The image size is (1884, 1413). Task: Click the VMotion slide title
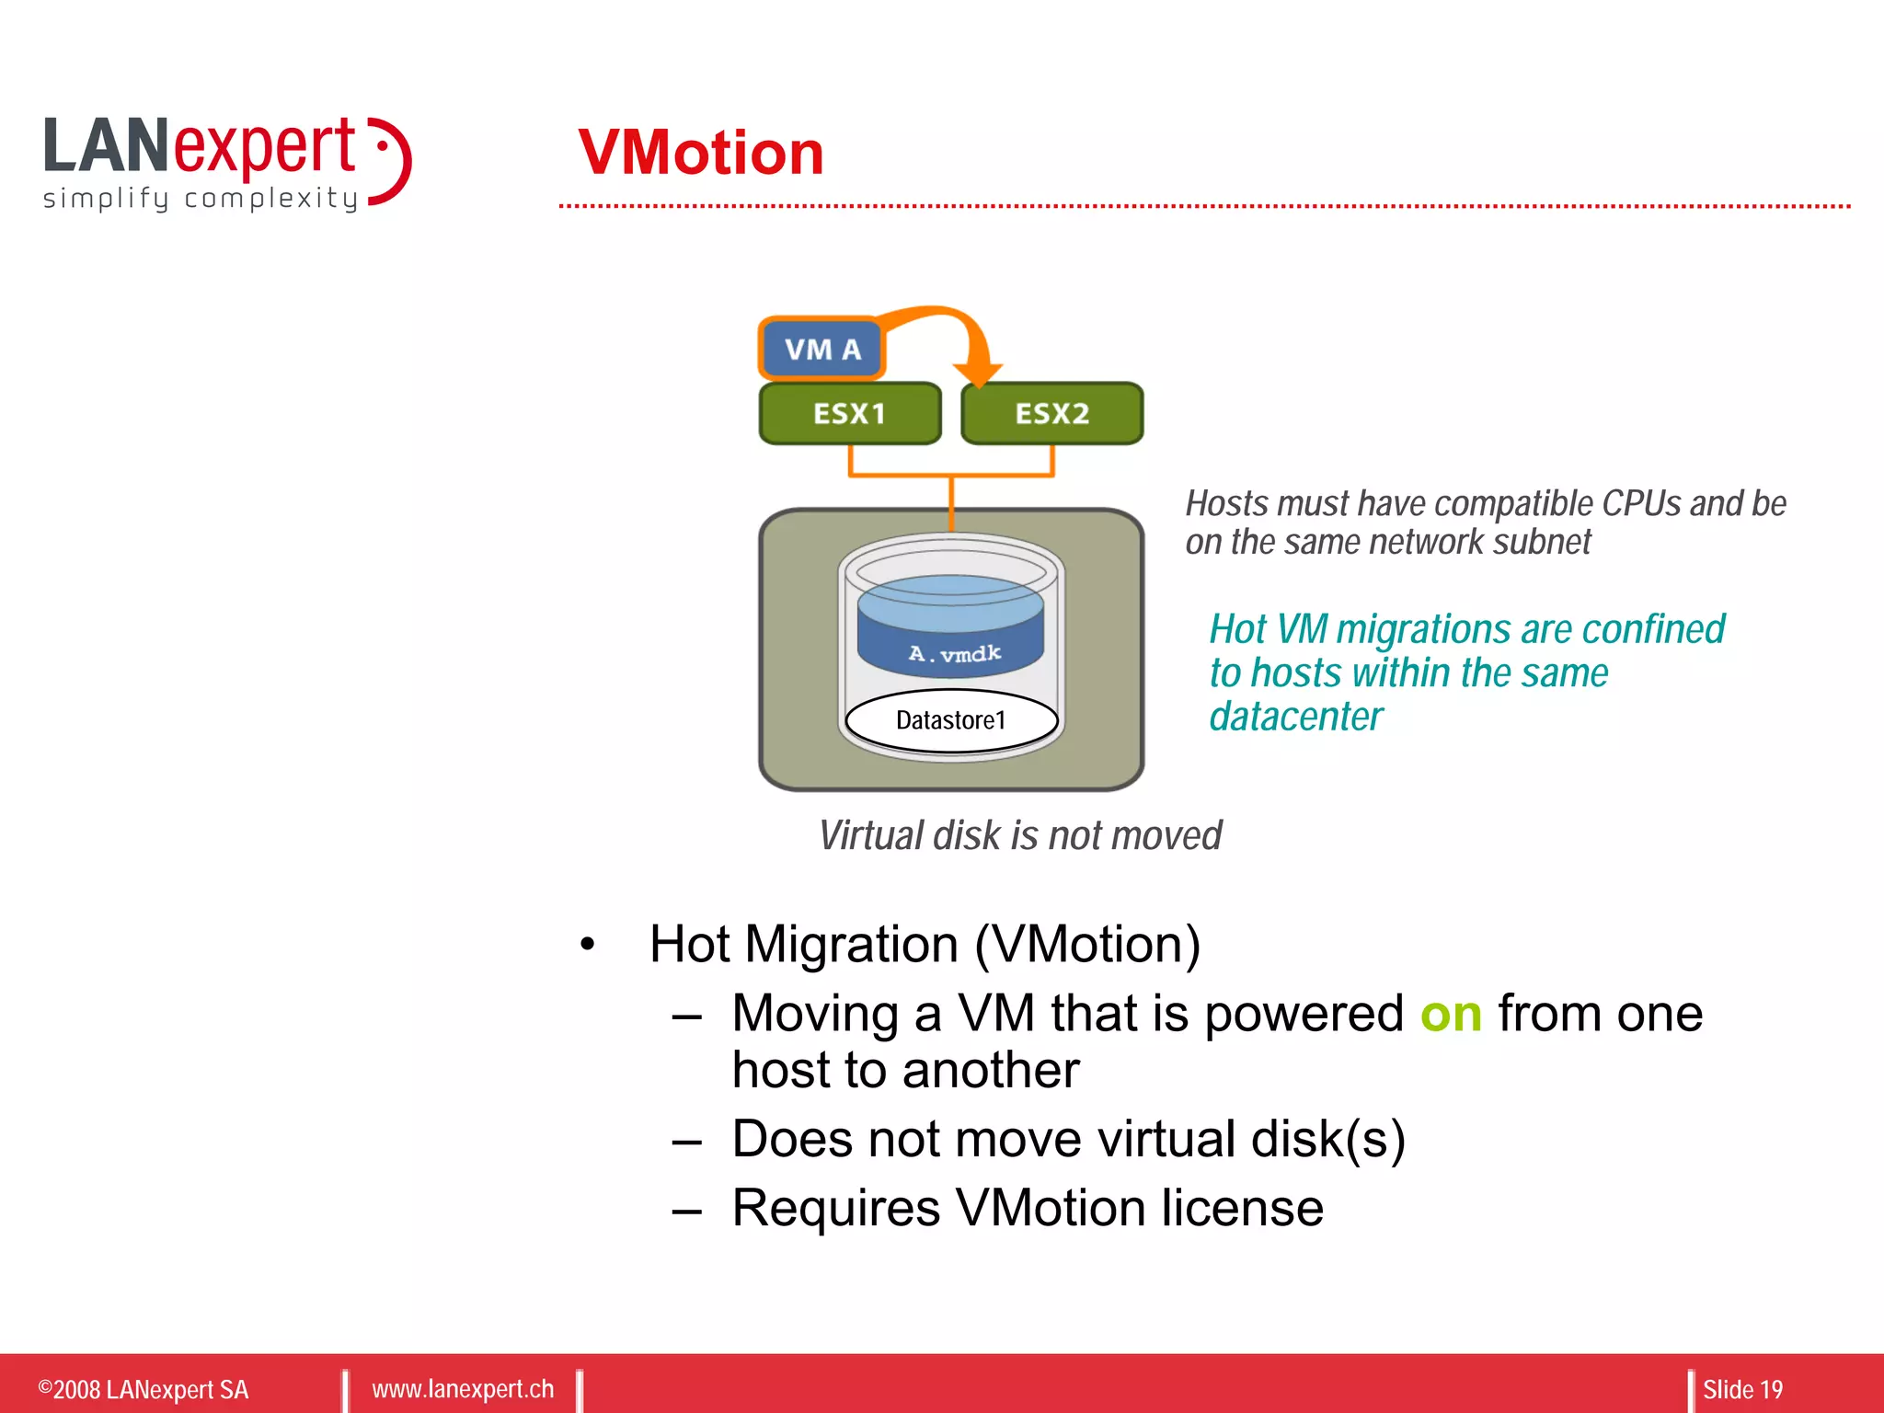pyautogui.click(x=701, y=153)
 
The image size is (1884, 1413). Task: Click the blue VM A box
pyautogui.click(x=821, y=349)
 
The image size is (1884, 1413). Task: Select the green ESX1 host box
pyautogui.click(x=849, y=413)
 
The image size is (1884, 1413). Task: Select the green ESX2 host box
pyautogui.click(x=1051, y=413)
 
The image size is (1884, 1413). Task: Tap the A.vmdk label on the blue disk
pyautogui.click(x=954, y=653)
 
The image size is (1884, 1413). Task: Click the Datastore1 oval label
pyautogui.click(x=951, y=720)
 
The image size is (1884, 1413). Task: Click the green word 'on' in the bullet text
pyautogui.click(x=1451, y=1014)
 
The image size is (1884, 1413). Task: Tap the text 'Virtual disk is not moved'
pyautogui.click(x=1019, y=835)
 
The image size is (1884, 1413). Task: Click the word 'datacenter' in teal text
pyautogui.click(x=1295, y=717)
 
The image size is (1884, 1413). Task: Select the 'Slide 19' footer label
pyautogui.click(x=1741, y=1389)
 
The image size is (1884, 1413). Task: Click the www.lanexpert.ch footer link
pyautogui.click(x=463, y=1388)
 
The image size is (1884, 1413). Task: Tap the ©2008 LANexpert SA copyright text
pyautogui.click(x=144, y=1389)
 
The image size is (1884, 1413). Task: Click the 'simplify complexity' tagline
pyautogui.click(x=200, y=198)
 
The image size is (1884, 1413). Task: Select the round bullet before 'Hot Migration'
pyautogui.click(x=588, y=945)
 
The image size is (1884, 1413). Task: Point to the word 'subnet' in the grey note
pyautogui.click(x=1541, y=542)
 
